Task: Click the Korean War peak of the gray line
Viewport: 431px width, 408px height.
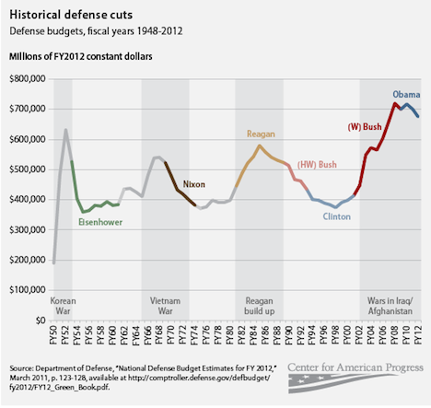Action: [65, 130]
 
